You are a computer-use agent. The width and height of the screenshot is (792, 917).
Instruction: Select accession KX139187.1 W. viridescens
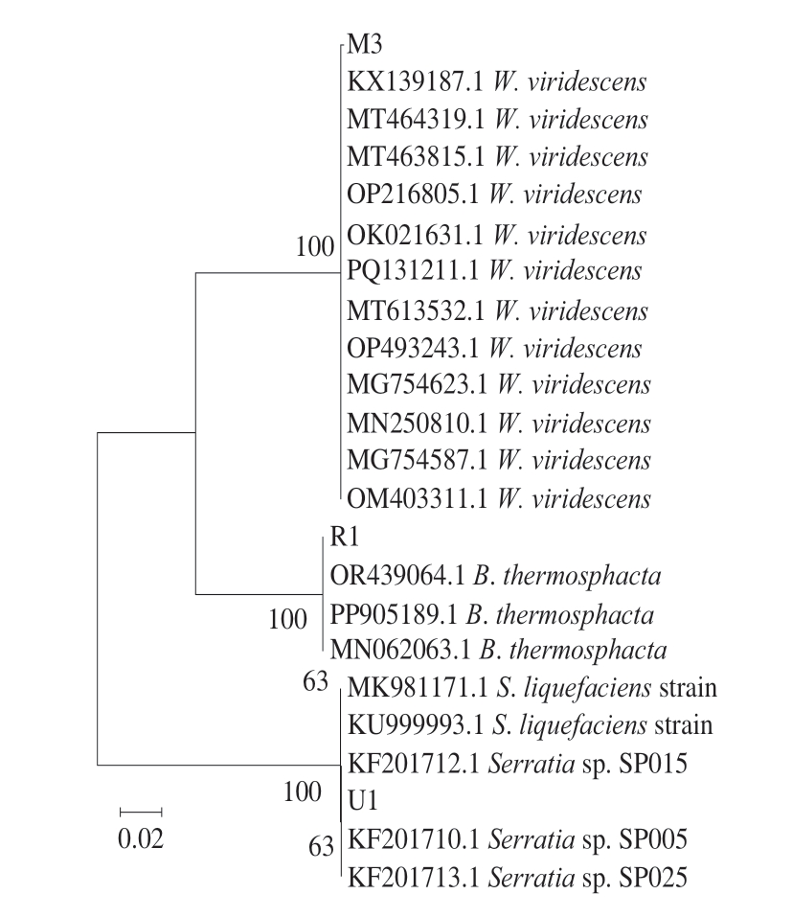496,82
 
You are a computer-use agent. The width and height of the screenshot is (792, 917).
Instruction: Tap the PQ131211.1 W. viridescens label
492,270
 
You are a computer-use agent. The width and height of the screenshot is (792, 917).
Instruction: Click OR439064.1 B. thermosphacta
496,577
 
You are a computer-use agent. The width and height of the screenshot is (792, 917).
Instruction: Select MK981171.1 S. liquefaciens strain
532,688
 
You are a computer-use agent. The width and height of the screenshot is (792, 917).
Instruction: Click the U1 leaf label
363,800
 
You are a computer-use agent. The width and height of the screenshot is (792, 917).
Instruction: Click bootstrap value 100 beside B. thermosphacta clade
286,619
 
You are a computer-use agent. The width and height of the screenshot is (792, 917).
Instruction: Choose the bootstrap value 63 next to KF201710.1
321,846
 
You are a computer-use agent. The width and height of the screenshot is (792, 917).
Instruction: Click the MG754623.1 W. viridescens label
498,385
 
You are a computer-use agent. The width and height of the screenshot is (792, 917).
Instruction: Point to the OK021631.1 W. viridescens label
496,235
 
